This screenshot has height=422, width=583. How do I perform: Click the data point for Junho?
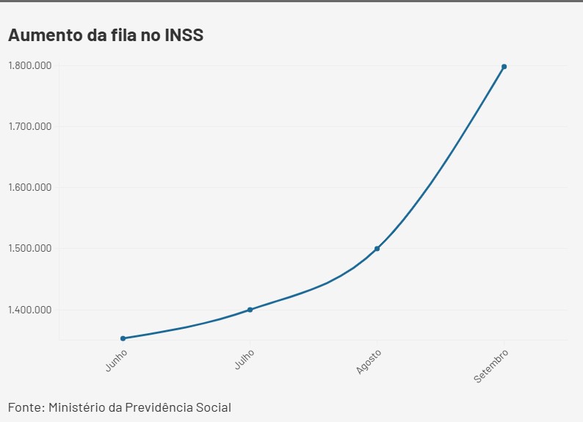pos(123,338)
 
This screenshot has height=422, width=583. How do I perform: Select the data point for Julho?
pos(250,310)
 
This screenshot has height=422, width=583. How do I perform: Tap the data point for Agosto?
pos(377,249)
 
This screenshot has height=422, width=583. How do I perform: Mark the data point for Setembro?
pos(504,67)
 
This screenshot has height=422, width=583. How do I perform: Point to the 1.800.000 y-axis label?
pos(29,65)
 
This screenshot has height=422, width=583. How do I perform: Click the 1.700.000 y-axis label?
pos(29,126)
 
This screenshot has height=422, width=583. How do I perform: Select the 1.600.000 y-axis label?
pos(29,187)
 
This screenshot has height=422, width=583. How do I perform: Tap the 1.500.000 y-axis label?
pos(29,248)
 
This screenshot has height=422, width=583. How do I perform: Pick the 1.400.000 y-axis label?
pos(29,309)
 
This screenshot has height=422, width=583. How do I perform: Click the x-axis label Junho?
pos(116,360)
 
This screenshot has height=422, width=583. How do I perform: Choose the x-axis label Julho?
pos(245,360)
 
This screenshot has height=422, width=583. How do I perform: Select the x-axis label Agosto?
pos(369,362)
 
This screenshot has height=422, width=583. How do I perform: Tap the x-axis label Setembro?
pos(491,365)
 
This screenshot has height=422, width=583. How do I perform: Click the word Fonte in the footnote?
pos(26,407)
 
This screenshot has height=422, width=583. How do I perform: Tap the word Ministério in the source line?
pos(78,407)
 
